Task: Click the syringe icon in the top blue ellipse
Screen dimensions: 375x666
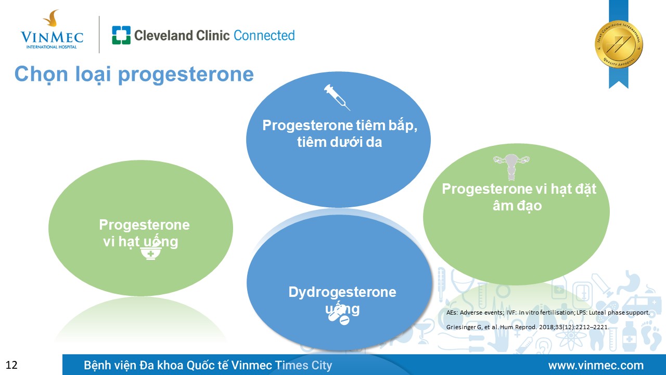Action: [337, 97]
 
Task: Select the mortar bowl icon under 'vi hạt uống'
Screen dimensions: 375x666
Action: [150, 253]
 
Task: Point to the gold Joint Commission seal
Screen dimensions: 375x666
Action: [619, 44]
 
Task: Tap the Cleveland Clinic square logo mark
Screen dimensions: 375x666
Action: [121, 35]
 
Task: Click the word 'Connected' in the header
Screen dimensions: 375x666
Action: [264, 35]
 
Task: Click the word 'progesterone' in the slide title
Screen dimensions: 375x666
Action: [186, 75]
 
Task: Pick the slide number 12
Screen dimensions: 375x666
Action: [11, 365]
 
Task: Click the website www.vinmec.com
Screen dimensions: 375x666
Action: [596, 365]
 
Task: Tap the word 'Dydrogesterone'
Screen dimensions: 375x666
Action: [342, 292]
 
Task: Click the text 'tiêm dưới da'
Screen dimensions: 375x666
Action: [339, 142]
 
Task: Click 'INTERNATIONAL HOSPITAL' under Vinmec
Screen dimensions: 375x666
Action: [51, 47]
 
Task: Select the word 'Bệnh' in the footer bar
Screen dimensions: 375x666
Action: [97, 365]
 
